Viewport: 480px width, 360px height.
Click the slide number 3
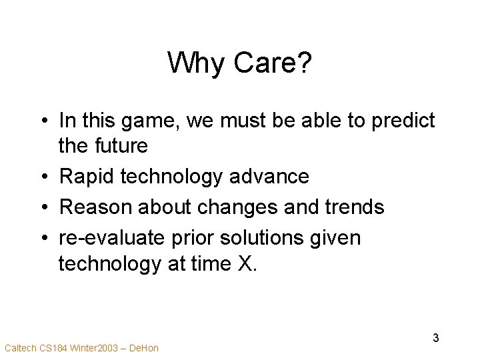pos(436,337)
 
